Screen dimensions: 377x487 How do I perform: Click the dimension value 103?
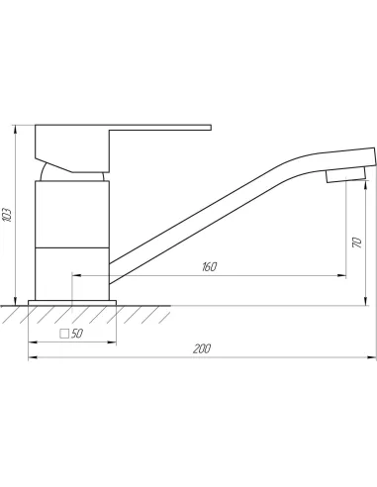coord(7,215)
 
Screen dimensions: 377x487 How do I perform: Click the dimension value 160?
coord(210,266)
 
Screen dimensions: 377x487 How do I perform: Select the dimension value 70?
coord(357,243)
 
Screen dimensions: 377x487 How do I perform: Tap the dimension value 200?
coord(202,348)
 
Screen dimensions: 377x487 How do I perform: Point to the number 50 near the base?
coord(76,334)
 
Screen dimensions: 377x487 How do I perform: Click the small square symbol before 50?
coord(64,334)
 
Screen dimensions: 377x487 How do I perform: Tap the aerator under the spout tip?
coord(346,175)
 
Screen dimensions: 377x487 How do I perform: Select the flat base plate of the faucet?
coord(72,303)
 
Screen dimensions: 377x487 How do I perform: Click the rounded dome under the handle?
coord(45,171)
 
